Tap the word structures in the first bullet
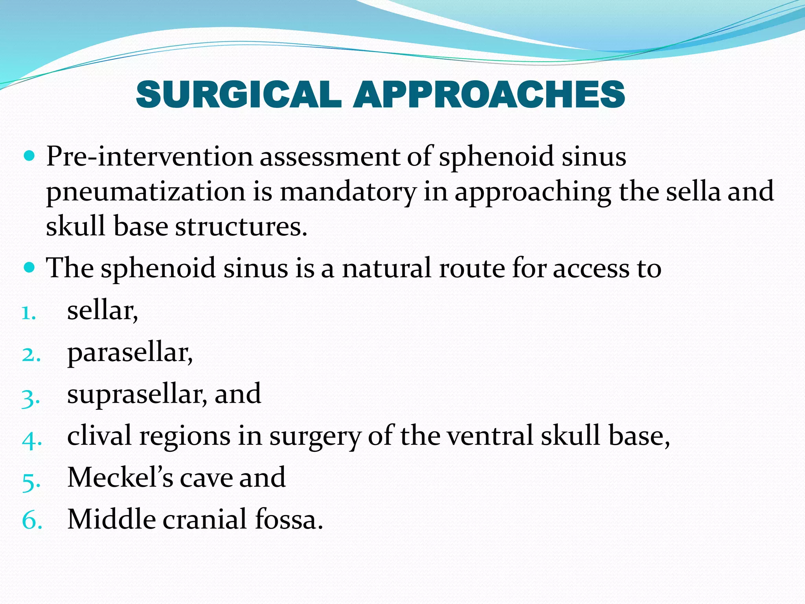[241, 226]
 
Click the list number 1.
[29, 313]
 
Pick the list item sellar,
[103, 311]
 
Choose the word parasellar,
[130, 353]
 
